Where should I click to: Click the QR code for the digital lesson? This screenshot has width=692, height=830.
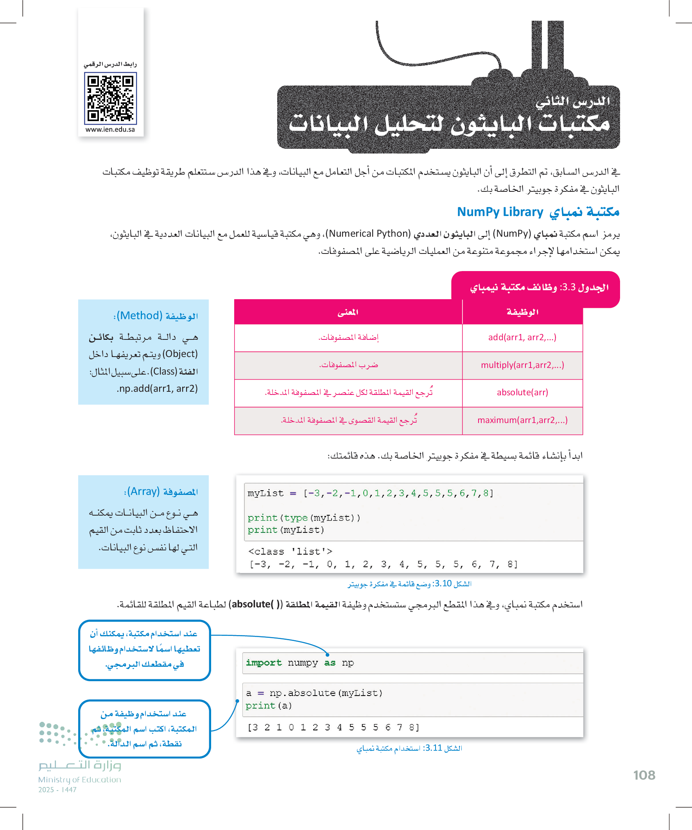click(110, 98)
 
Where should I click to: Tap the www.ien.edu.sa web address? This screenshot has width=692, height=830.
click(110, 130)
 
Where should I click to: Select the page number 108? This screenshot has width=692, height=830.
click(644, 775)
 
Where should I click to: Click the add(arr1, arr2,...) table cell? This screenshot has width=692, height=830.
click(522, 337)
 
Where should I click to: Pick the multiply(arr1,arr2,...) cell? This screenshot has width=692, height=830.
click(522, 365)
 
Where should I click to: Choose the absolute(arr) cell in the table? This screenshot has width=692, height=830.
click(522, 393)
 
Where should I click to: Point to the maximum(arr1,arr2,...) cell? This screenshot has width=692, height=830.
click(522, 420)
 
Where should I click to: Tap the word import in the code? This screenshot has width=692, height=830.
click(264, 663)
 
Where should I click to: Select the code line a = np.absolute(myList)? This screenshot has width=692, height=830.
click(314, 693)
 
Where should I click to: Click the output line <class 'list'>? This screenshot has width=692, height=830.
click(290, 552)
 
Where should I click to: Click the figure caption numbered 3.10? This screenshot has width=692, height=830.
click(409, 584)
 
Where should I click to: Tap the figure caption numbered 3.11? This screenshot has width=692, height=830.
click(409, 748)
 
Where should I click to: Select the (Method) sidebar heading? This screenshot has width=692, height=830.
click(156, 316)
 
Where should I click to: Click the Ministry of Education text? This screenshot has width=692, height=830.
click(79, 780)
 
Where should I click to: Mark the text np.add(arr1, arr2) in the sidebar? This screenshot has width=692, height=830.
click(157, 389)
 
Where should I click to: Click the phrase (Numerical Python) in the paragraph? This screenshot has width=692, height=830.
click(369, 234)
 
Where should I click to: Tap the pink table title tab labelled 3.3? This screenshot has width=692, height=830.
click(539, 287)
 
